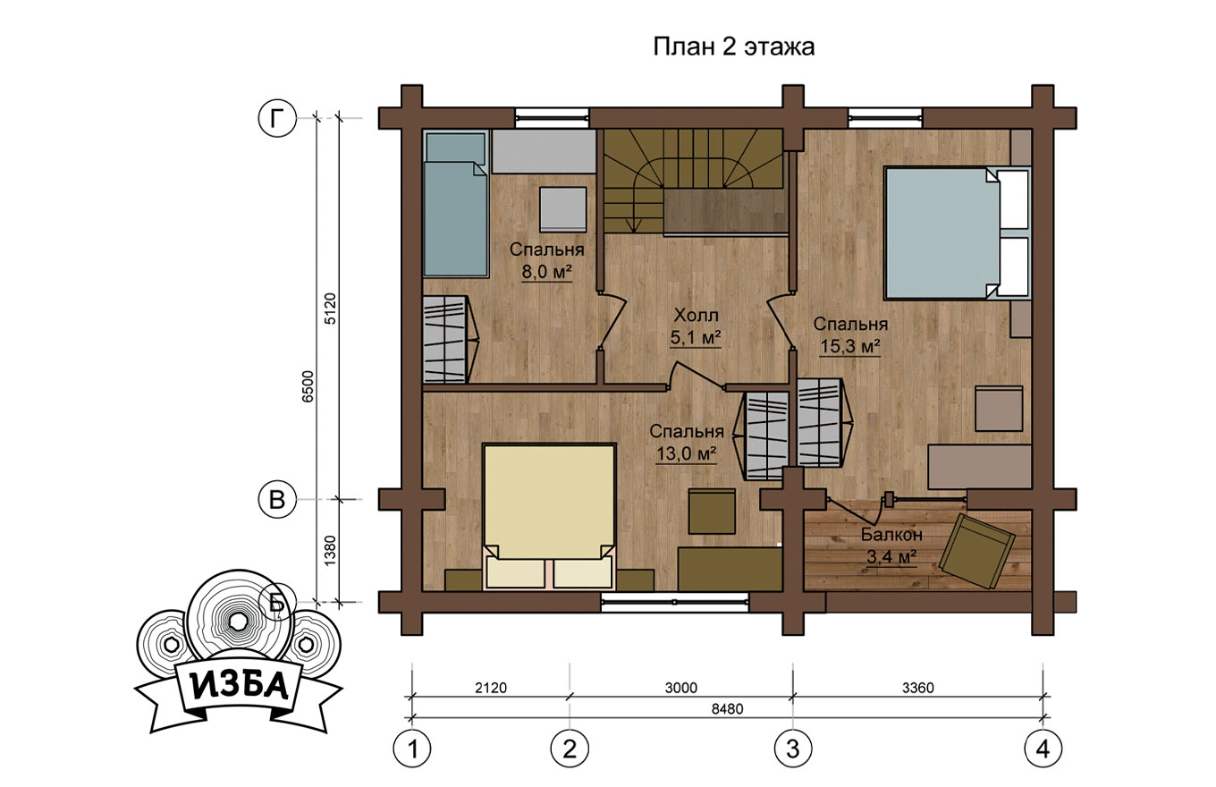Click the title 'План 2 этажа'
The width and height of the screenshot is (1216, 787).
(x=733, y=47)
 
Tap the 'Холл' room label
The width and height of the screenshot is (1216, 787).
(x=696, y=315)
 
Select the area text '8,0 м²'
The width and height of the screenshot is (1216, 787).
(x=547, y=272)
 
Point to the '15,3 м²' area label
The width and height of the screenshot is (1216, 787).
(x=850, y=345)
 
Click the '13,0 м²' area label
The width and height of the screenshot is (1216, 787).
(x=687, y=453)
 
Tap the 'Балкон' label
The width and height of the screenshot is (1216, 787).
(x=892, y=535)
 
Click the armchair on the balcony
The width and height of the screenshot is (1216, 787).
(x=976, y=551)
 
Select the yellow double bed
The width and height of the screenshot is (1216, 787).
(x=549, y=517)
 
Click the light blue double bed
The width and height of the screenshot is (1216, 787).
(x=957, y=233)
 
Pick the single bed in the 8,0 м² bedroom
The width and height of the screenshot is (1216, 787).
(x=455, y=204)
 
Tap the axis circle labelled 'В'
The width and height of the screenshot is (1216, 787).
(x=277, y=499)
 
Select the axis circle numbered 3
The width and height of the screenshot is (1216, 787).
(x=793, y=749)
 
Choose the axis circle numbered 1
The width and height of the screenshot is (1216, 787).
(x=412, y=749)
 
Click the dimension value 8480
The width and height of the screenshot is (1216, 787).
(x=727, y=709)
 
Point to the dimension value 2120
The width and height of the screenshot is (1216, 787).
(x=491, y=688)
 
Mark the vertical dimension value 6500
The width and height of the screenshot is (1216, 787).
(x=308, y=386)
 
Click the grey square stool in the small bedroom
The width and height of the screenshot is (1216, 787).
(x=563, y=209)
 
